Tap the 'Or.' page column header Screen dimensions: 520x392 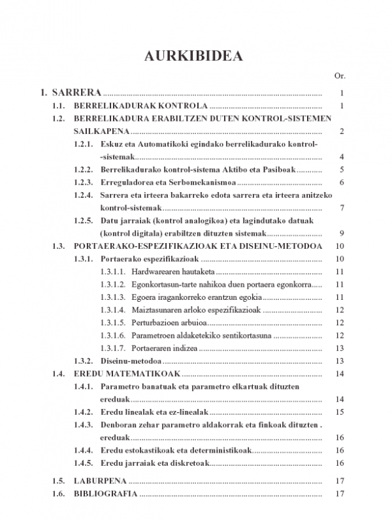pos(339,76)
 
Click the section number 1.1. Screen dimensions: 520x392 pos(59,106)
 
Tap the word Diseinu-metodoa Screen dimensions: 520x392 pos(131,361)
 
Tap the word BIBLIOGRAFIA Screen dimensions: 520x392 pos(106,494)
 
